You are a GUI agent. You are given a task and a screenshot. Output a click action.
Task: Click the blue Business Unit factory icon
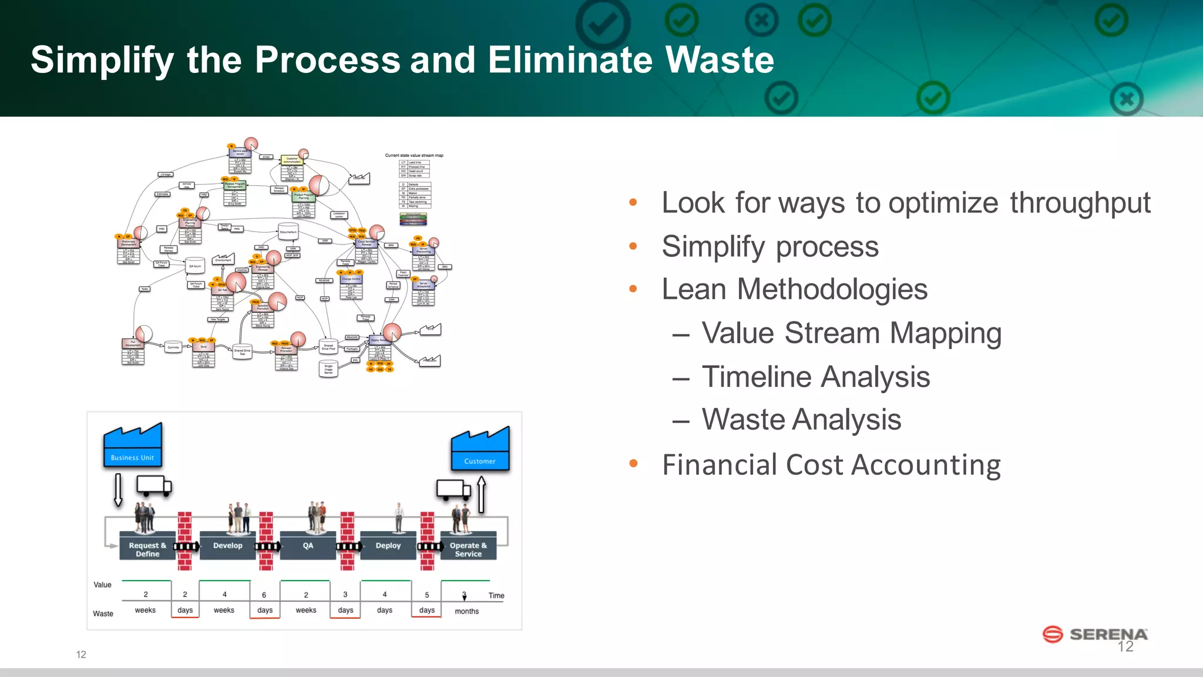[133, 446]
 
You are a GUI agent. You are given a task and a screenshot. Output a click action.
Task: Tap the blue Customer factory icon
[480, 450]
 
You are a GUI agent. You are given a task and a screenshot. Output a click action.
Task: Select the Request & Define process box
[147, 547]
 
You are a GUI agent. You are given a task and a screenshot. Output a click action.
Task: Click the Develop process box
[228, 545]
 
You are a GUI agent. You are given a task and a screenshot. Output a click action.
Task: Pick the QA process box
[308, 545]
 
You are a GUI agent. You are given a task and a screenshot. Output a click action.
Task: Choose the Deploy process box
[388, 545]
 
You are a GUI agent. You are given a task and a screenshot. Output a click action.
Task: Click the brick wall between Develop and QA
[266, 541]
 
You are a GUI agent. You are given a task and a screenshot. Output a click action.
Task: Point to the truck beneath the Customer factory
[453, 490]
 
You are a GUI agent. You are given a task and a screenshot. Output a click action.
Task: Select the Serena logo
[1095, 634]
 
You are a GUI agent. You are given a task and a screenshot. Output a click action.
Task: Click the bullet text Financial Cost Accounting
[831, 465]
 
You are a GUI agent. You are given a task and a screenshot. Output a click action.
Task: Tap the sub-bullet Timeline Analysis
[816, 377]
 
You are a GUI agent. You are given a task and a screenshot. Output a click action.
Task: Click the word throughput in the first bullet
[1080, 203]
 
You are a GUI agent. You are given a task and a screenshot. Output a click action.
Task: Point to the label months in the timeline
[466, 611]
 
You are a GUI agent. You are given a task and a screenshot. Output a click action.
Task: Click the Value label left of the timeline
[102, 585]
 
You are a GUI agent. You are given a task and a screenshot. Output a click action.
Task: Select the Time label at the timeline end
[496, 595]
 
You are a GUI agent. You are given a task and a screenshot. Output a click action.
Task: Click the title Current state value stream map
[414, 156]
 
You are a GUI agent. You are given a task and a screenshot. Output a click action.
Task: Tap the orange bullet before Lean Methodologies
[633, 289]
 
